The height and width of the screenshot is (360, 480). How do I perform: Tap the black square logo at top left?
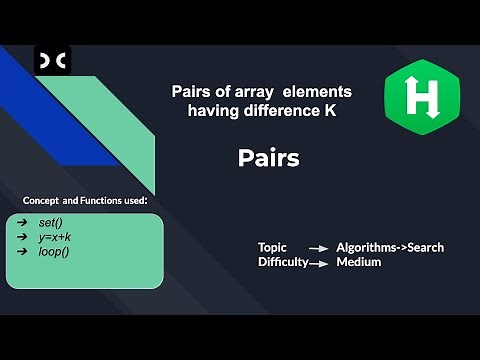tap(52, 63)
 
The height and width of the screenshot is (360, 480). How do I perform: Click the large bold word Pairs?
tap(269, 157)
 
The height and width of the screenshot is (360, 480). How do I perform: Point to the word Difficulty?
tap(282, 262)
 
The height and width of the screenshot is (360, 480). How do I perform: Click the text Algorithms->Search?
tap(390, 247)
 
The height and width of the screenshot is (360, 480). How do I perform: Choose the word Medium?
tap(359, 262)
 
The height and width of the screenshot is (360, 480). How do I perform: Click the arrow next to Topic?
tap(318, 248)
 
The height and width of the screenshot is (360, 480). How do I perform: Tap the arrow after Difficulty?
tap(320, 263)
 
